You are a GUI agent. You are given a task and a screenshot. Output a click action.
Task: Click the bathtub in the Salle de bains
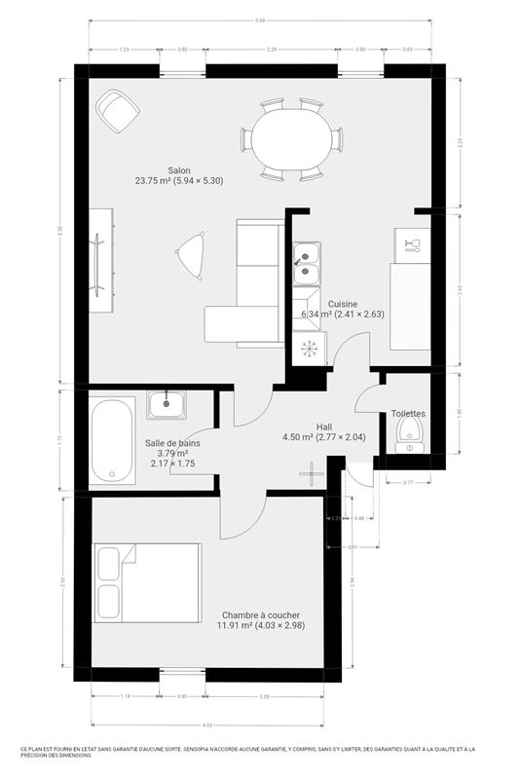[x=113, y=439]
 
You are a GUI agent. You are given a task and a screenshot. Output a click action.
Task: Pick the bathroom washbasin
[x=168, y=402]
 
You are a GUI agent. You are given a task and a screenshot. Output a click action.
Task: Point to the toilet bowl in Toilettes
[x=408, y=441]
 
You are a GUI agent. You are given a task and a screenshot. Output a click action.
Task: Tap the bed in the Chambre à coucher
[x=146, y=581]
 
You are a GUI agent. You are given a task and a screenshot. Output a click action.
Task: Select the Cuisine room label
[x=342, y=304]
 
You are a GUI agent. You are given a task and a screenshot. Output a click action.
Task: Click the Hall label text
[x=324, y=427]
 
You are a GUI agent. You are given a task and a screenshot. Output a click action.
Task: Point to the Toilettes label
[x=409, y=413]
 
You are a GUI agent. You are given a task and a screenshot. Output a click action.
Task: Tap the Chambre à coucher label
[x=260, y=614]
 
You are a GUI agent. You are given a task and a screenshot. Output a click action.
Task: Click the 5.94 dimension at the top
[x=260, y=20]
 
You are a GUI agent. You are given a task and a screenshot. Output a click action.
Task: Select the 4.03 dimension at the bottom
[x=207, y=724]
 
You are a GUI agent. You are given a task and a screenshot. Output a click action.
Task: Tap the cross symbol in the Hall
[x=311, y=474]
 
